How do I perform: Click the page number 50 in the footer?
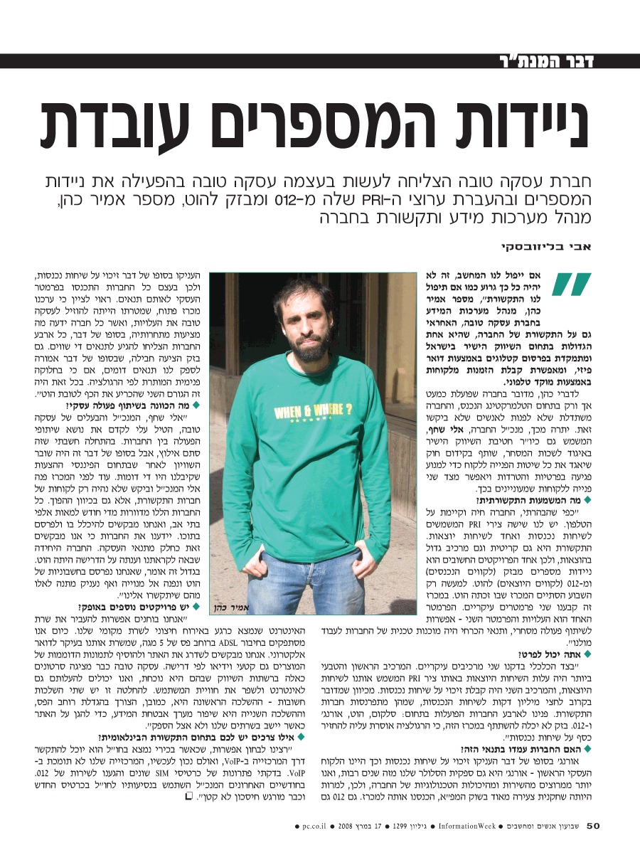click(594, 826)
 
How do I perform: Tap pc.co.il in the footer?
click(312, 827)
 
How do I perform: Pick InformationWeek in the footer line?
click(466, 827)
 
